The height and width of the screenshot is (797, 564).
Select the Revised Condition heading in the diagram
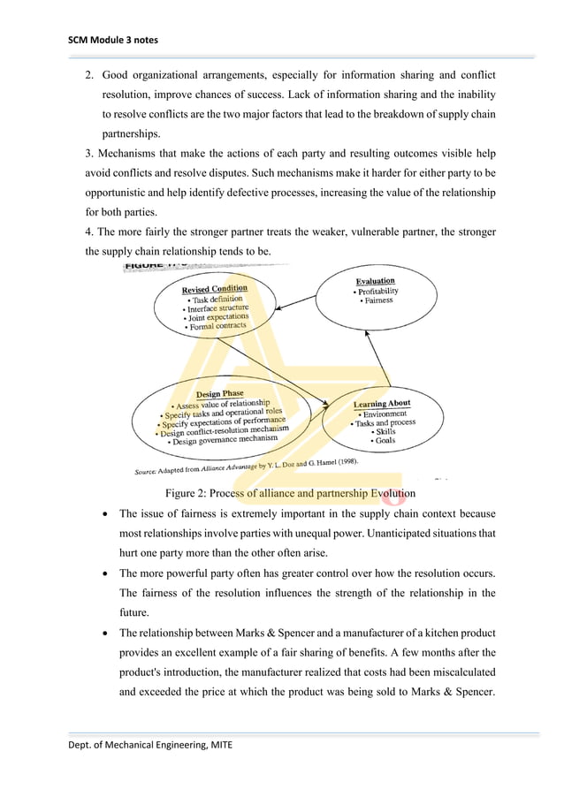[215, 289]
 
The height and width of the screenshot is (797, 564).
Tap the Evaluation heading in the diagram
[375, 281]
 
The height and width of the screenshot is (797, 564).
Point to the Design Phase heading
[219, 394]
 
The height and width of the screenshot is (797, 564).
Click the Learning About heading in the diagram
[382, 404]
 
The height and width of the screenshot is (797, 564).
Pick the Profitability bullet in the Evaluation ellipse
[376, 291]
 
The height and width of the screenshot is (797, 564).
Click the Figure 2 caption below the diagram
[285, 492]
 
